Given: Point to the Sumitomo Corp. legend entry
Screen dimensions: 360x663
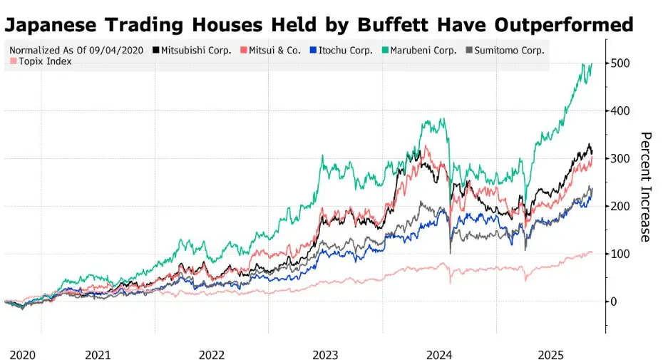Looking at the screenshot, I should [508, 51].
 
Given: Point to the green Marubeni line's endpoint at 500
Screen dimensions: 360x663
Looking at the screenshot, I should [592, 63].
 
